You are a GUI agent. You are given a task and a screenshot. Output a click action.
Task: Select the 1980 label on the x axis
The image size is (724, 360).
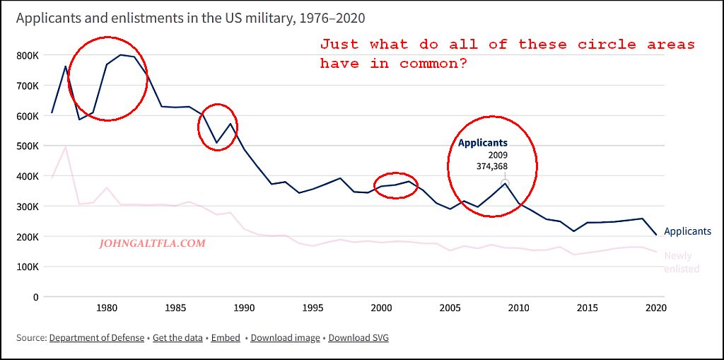coord(107,308)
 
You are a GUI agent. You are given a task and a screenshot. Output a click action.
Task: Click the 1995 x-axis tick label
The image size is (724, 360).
coord(313,308)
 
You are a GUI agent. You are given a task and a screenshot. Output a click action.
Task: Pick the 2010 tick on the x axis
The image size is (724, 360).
coord(519,308)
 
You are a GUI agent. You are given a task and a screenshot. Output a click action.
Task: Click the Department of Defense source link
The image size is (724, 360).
coord(96,338)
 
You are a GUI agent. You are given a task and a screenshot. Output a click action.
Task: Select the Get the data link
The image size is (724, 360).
coord(177,338)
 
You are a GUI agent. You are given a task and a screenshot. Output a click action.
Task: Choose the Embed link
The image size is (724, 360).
coord(226,338)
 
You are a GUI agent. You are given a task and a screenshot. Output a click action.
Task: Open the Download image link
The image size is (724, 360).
coord(285,338)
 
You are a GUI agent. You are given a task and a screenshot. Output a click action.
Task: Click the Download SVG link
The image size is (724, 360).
coord(358,338)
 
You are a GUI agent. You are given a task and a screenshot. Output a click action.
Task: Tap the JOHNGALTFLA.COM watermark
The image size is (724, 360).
coord(153,243)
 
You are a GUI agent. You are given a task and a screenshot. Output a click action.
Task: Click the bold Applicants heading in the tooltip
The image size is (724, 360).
coord(483,143)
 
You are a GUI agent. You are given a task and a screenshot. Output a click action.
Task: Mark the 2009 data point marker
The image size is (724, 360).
coord(505,183)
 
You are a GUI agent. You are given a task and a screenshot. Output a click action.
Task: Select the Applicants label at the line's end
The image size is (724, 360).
coord(687,231)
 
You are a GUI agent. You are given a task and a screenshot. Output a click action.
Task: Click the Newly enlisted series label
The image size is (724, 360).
coord(682,262)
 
